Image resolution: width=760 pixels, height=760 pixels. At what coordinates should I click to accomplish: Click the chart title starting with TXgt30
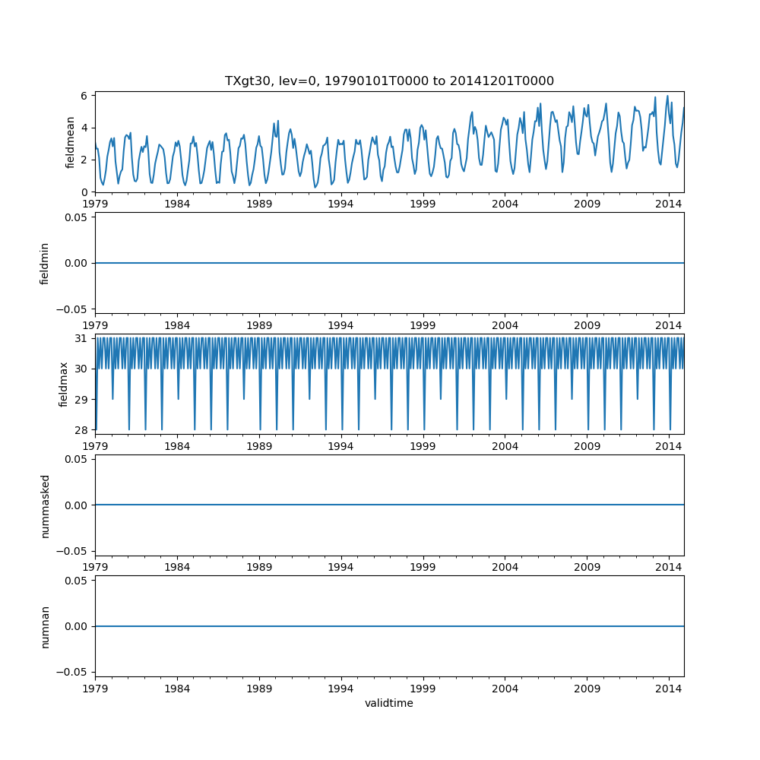(x=389, y=81)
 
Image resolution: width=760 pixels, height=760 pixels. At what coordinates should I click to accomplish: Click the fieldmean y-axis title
(x=71, y=142)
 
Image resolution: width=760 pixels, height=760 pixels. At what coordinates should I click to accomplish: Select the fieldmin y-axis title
(x=45, y=263)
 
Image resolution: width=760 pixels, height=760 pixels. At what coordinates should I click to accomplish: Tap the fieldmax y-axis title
(x=64, y=384)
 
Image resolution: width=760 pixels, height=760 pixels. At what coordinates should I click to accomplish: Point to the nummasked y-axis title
(x=45, y=505)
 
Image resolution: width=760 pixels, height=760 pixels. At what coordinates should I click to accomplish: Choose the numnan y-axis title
(x=45, y=626)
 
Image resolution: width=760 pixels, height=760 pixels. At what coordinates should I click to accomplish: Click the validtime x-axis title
(x=389, y=703)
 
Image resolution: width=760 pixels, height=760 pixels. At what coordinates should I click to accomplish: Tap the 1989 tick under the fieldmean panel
(x=259, y=204)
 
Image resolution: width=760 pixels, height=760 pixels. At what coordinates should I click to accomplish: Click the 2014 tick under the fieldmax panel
(x=669, y=445)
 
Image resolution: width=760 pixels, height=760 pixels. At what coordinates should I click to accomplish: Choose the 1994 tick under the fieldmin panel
(x=341, y=325)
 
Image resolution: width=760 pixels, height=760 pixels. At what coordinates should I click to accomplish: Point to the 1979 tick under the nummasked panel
(x=95, y=567)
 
